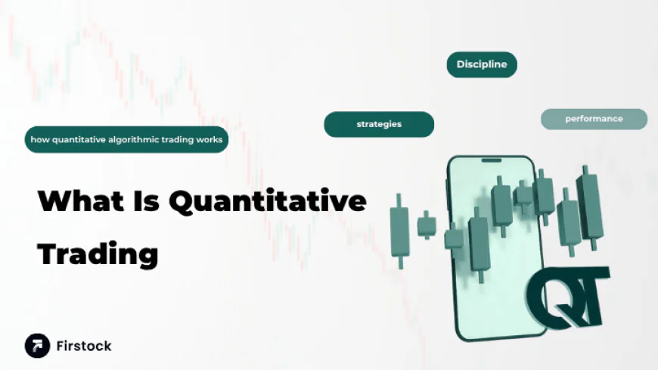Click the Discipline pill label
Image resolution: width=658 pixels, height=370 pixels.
[481, 64]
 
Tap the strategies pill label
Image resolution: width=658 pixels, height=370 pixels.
[379, 124]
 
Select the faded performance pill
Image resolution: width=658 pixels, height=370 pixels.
[594, 119]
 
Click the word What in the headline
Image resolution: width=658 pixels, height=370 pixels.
[80, 202]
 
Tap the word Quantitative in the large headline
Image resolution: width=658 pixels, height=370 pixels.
[268, 202]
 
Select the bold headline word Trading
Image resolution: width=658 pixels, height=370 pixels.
[98, 253]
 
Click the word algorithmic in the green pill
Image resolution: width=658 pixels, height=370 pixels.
[129, 140]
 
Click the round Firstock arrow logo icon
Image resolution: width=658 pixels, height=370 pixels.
[37, 346]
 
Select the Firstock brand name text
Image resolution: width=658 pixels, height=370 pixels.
[83, 346]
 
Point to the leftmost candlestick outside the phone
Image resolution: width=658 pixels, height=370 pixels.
[399, 231]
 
